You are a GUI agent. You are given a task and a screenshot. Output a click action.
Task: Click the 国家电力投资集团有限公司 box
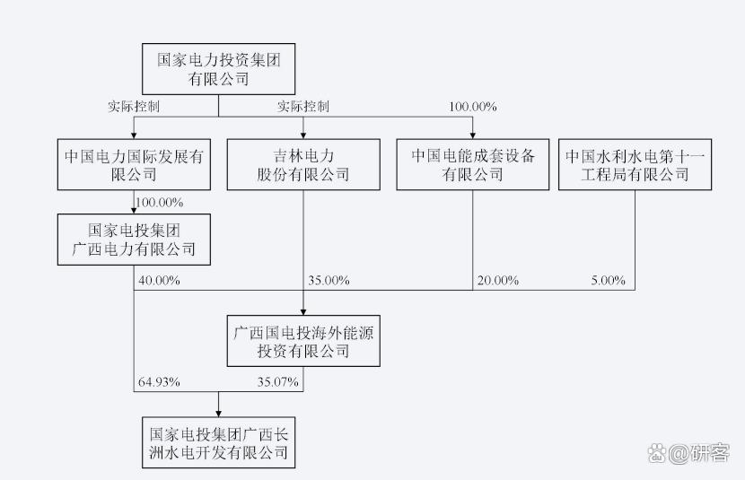pyautogui.click(x=218, y=69)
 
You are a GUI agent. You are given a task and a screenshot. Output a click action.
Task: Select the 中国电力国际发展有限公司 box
pyautogui.click(x=134, y=164)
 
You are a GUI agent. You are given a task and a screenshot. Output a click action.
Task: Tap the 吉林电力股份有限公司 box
pyautogui.click(x=303, y=164)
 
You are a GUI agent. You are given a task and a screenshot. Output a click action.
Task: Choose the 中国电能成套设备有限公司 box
pyautogui.click(x=472, y=164)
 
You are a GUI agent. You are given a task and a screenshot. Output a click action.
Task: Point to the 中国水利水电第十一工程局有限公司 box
pyautogui.click(x=635, y=164)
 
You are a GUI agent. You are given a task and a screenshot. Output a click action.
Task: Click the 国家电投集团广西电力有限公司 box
pyautogui.click(x=134, y=240)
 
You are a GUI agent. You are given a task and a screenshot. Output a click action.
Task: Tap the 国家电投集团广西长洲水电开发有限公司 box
pyautogui.click(x=218, y=442)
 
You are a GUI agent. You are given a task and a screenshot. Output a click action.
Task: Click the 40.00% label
pyautogui.click(x=159, y=280)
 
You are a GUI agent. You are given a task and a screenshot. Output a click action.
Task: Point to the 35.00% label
pyautogui.click(x=328, y=280)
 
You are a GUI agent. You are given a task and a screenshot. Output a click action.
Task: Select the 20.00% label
pyautogui.click(x=497, y=280)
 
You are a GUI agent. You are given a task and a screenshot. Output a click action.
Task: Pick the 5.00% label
pyautogui.click(x=608, y=280)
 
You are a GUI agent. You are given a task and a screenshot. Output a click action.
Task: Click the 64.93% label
pyautogui.click(x=159, y=381)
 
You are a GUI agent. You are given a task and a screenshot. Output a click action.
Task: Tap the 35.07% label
pyautogui.click(x=277, y=381)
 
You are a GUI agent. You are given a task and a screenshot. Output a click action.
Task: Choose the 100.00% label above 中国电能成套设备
pyautogui.click(x=472, y=107)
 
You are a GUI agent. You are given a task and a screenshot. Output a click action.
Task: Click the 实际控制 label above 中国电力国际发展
pyautogui.click(x=134, y=107)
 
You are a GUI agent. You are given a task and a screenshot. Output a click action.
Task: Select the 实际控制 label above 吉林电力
pyautogui.click(x=303, y=107)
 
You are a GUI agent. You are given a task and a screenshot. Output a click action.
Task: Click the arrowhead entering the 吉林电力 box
pyautogui.click(x=303, y=135)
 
